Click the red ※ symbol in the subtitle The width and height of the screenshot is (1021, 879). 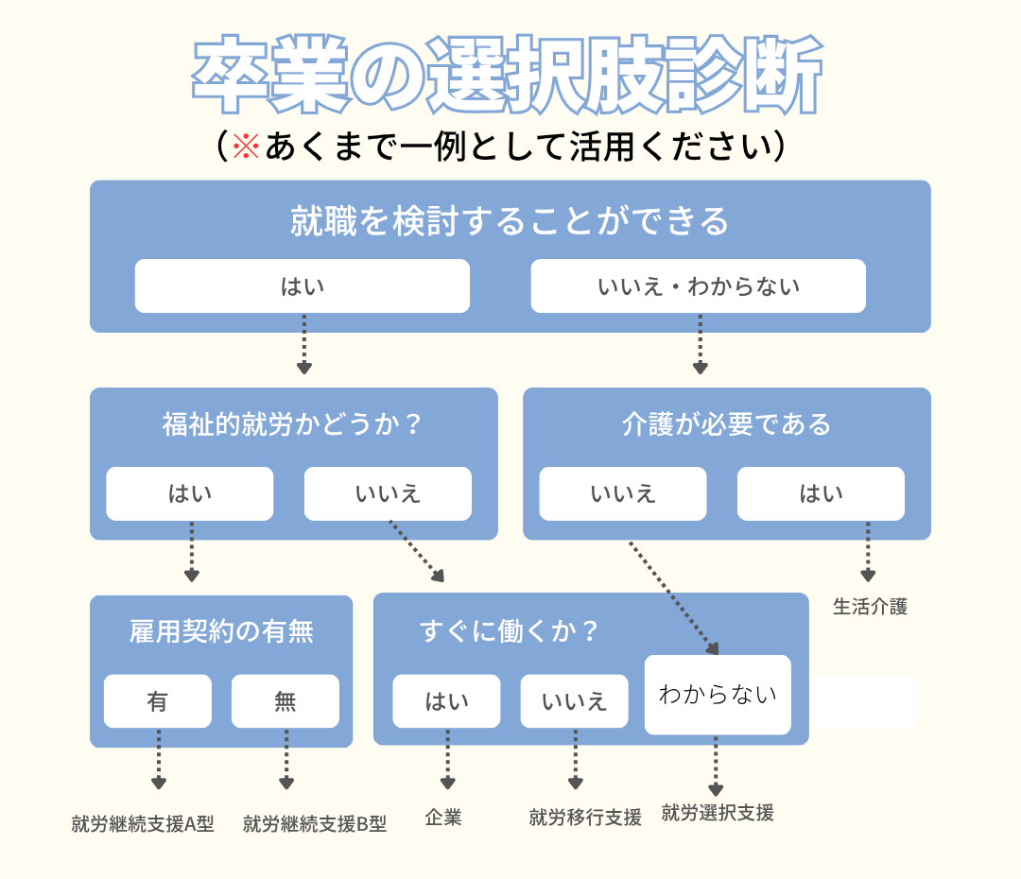[x=246, y=146]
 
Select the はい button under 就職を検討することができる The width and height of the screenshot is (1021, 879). [x=302, y=285]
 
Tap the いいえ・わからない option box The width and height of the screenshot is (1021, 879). [x=698, y=285]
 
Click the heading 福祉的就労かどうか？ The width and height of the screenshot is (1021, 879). [x=292, y=424]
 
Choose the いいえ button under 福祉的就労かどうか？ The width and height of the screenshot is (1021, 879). [x=388, y=493]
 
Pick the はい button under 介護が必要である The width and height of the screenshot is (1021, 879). [x=821, y=493]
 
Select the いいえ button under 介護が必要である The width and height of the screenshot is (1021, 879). [x=622, y=493]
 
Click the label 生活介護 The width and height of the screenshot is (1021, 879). [x=870, y=607]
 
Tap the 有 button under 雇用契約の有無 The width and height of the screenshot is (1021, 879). [x=157, y=701]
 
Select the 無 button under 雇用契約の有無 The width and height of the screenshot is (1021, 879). [x=285, y=701]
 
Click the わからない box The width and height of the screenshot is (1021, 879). [x=718, y=695]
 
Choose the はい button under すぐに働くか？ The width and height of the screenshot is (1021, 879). [x=446, y=701]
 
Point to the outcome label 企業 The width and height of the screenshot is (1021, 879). [x=443, y=818]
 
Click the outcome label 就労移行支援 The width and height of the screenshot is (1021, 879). [x=585, y=818]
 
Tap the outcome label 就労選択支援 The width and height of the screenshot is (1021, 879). [x=718, y=812]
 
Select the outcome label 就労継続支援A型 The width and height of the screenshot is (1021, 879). [x=143, y=824]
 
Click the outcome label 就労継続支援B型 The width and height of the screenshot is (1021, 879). [x=315, y=824]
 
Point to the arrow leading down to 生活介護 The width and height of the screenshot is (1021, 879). [x=867, y=558]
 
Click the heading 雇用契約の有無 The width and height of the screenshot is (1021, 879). [x=221, y=631]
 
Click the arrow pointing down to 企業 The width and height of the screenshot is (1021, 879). [x=446, y=766]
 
